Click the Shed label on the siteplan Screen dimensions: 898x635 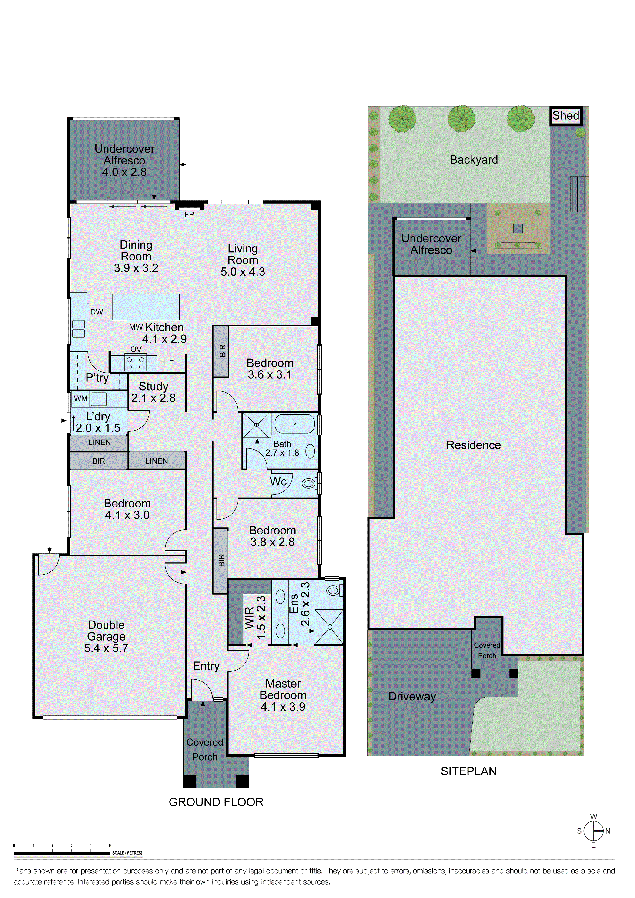pyautogui.click(x=566, y=116)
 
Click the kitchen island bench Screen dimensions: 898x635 pyautogui.click(x=146, y=307)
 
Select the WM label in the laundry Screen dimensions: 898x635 pyautogui.click(x=81, y=399)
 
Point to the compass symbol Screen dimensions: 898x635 pyautogui.click(x=594, y=831)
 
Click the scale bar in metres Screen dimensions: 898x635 pyautogui.click(x=62, y=853)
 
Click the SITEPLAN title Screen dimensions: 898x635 pyautogui.click(x=468, y=771)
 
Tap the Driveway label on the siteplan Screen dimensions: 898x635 pyautogui.click(x=412, y=697)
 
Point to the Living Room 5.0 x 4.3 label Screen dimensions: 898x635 pyautogui.click(x=243, y=260)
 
